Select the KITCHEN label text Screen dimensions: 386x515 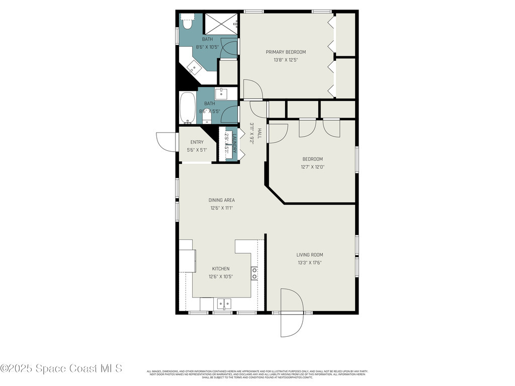[x=220, y=269]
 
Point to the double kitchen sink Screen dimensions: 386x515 [x=224, y=304]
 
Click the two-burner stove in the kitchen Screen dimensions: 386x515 [x=254, y=273]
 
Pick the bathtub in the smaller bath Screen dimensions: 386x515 [x=188, y=108]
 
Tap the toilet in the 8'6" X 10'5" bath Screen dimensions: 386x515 [x=186, y=23]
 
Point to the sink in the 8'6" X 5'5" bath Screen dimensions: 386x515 [x=221, y=93]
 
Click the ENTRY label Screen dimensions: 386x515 [x=197, y=142]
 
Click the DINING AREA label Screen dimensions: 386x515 [x=222, y=200]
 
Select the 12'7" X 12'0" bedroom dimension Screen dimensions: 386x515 [x=312, y=167]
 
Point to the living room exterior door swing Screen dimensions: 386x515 [x=292, y=312]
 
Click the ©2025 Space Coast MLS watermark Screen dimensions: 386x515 [x=61, y=368]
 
